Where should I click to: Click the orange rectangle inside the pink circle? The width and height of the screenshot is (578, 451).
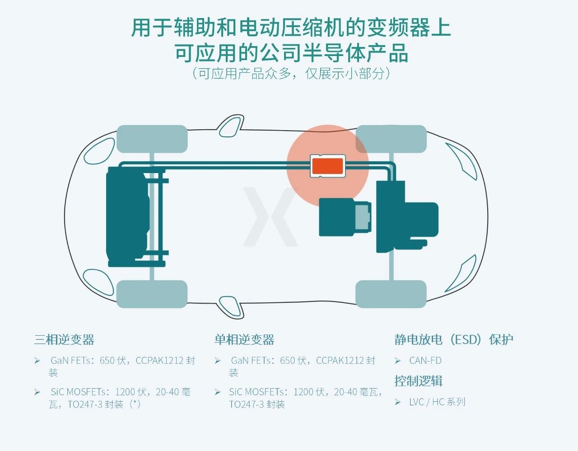(328, 166)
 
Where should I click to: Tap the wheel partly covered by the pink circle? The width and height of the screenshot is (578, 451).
(391, 139)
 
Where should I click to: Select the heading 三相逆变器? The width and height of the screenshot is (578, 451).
(64, 340)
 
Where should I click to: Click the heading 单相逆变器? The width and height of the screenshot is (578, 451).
(244, 340)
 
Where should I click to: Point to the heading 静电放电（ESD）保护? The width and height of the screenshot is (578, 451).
(453, 339)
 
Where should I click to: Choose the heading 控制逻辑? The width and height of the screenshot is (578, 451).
(418, 381)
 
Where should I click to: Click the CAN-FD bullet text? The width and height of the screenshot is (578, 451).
(425, 361)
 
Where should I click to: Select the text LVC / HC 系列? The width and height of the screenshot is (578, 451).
(437, 402)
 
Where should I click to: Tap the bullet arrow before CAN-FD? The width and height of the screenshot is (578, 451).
(398, 361)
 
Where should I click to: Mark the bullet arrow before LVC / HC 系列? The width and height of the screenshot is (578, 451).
(398, 402)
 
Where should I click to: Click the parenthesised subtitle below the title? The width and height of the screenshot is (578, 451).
(291, 73)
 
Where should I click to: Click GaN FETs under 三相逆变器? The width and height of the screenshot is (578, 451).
(70, 361)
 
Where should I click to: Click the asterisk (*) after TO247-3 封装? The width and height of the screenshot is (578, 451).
(135, 404)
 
